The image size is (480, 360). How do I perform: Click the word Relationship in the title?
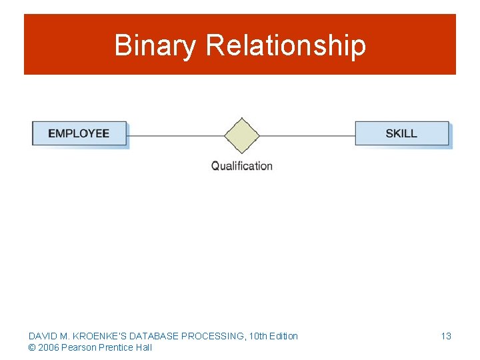(x=286, y=46)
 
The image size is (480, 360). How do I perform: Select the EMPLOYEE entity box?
(x=79, y=133)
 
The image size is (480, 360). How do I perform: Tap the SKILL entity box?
(x=401, y=133)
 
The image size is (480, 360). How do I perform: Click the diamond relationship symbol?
(x=241, y=135)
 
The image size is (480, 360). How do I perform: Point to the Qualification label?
(x=241, y=166)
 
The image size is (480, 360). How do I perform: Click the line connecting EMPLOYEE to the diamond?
(x=175, y=136)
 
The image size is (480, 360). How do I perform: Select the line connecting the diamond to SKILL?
(x=307, y=136)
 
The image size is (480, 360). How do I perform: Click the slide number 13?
(x=446, y=336)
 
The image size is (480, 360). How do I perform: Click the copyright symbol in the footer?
(x=32, y=347)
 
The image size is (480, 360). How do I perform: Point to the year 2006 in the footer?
(x=49, y=347)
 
